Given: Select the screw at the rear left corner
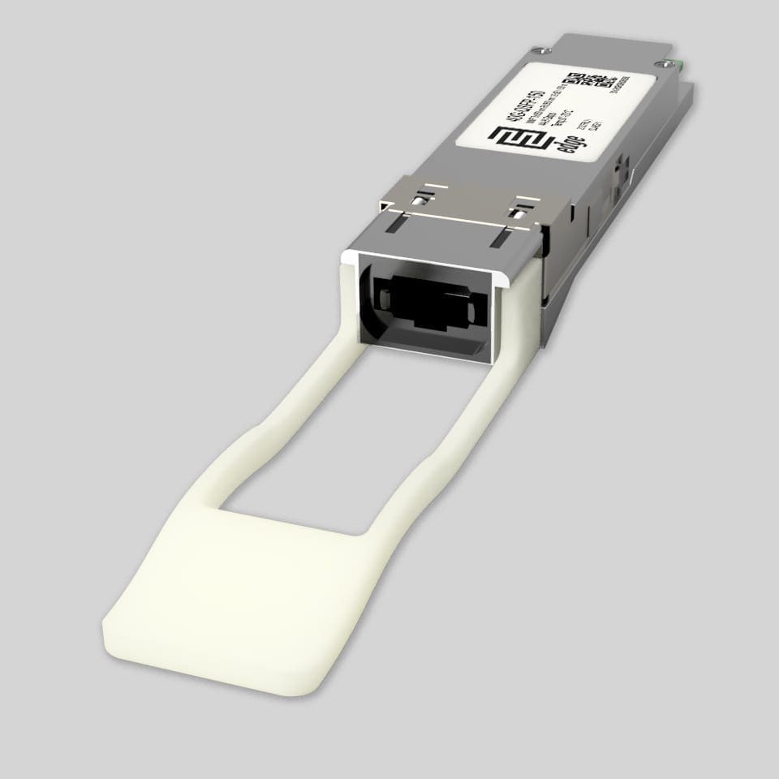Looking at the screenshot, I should tap(533, 49).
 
